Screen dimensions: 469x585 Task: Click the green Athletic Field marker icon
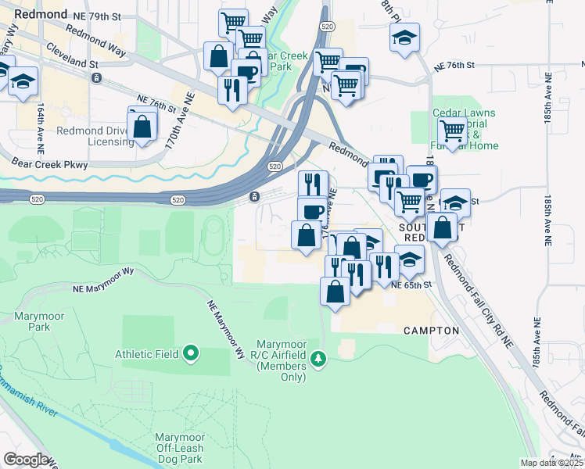tap(191, 354)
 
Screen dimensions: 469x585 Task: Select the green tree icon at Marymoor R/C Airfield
tap(318, 359)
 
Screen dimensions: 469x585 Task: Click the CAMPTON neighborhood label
tap(431, 331)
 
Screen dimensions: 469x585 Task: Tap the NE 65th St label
tap(411, 286)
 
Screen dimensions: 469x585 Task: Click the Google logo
tap(26, 460)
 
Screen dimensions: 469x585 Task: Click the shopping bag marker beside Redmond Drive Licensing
tap(142, 124)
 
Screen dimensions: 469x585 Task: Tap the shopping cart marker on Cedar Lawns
tap(452, 131)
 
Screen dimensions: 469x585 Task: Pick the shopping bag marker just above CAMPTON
tap(335, 292)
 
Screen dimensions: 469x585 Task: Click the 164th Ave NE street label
tap(39, 125)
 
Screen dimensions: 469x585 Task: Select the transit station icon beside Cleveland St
tap(96, 77)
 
